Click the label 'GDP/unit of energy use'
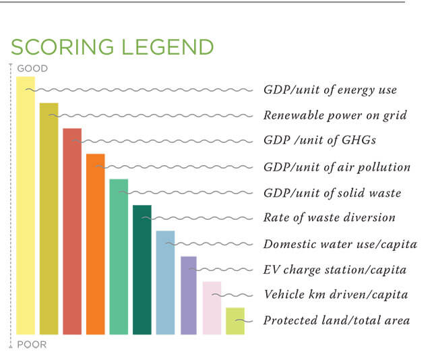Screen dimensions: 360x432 [330, 90]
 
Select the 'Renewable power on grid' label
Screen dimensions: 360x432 [335, 116]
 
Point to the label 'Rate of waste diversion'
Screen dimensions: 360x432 [329, 218]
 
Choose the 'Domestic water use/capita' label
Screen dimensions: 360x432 [340, 244]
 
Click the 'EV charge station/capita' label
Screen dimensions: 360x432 [335, 270]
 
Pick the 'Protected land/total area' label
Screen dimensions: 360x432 [336, 321]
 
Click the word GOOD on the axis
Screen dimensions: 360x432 [32, 68]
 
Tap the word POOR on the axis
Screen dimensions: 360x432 [32, 345]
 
